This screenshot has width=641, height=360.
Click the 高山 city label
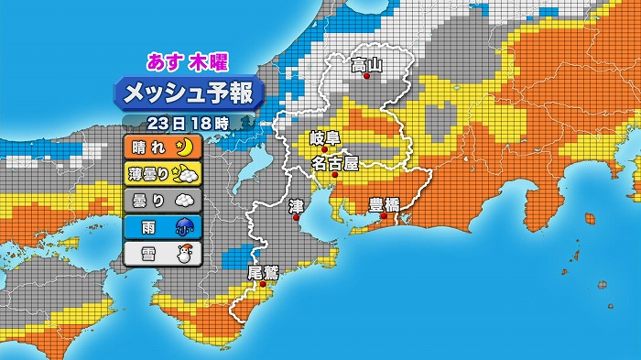click(366, 65)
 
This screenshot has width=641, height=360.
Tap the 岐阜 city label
click(324, 138)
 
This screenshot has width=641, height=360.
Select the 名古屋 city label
click(334, 164)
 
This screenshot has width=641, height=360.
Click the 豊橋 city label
click(384, 204)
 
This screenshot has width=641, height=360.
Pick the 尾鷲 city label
click(262, 273)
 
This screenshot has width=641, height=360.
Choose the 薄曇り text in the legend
click(148, 172)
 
